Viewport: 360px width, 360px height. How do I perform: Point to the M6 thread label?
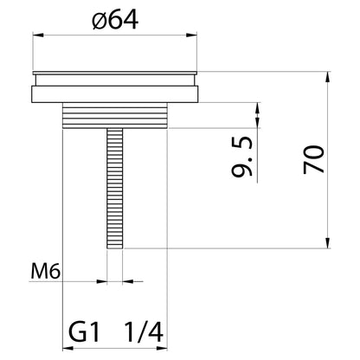tap(44, 273)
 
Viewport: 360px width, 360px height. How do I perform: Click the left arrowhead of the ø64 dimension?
tap(37, 35)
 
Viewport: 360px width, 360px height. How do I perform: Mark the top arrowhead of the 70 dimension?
tap(326, 74)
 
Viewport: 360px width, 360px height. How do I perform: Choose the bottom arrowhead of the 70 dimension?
tap(326, 244)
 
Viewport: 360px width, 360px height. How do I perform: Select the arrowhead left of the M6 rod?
tap(102, 280)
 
